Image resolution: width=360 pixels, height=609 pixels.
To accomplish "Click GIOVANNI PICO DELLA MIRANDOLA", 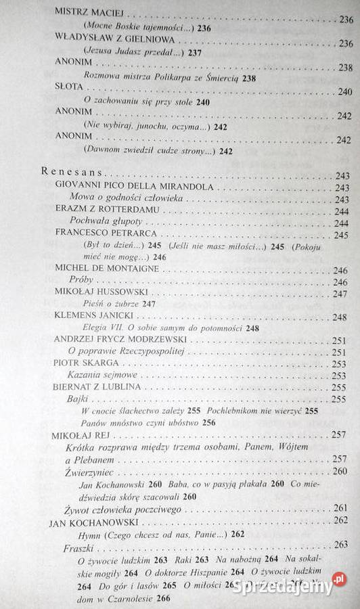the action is [x=135, y=187].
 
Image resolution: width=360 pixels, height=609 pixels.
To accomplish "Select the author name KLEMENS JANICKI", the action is [x=92, y=316].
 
